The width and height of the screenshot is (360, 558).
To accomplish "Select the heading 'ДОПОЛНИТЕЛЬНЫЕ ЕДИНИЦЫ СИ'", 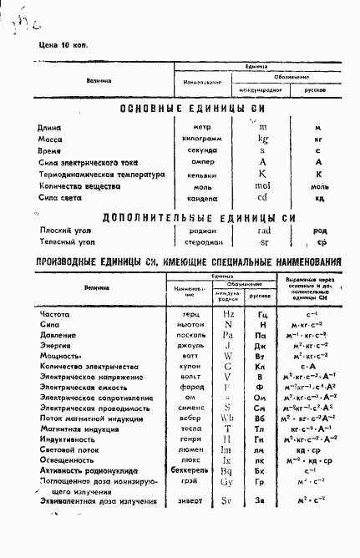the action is (x=200, y=217).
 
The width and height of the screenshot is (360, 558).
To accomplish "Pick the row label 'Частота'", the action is (x=54, y=314).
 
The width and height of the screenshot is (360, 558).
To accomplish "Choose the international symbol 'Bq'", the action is (x=228, y=471).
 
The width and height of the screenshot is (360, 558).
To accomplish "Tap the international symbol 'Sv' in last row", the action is (x=228, y=502).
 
